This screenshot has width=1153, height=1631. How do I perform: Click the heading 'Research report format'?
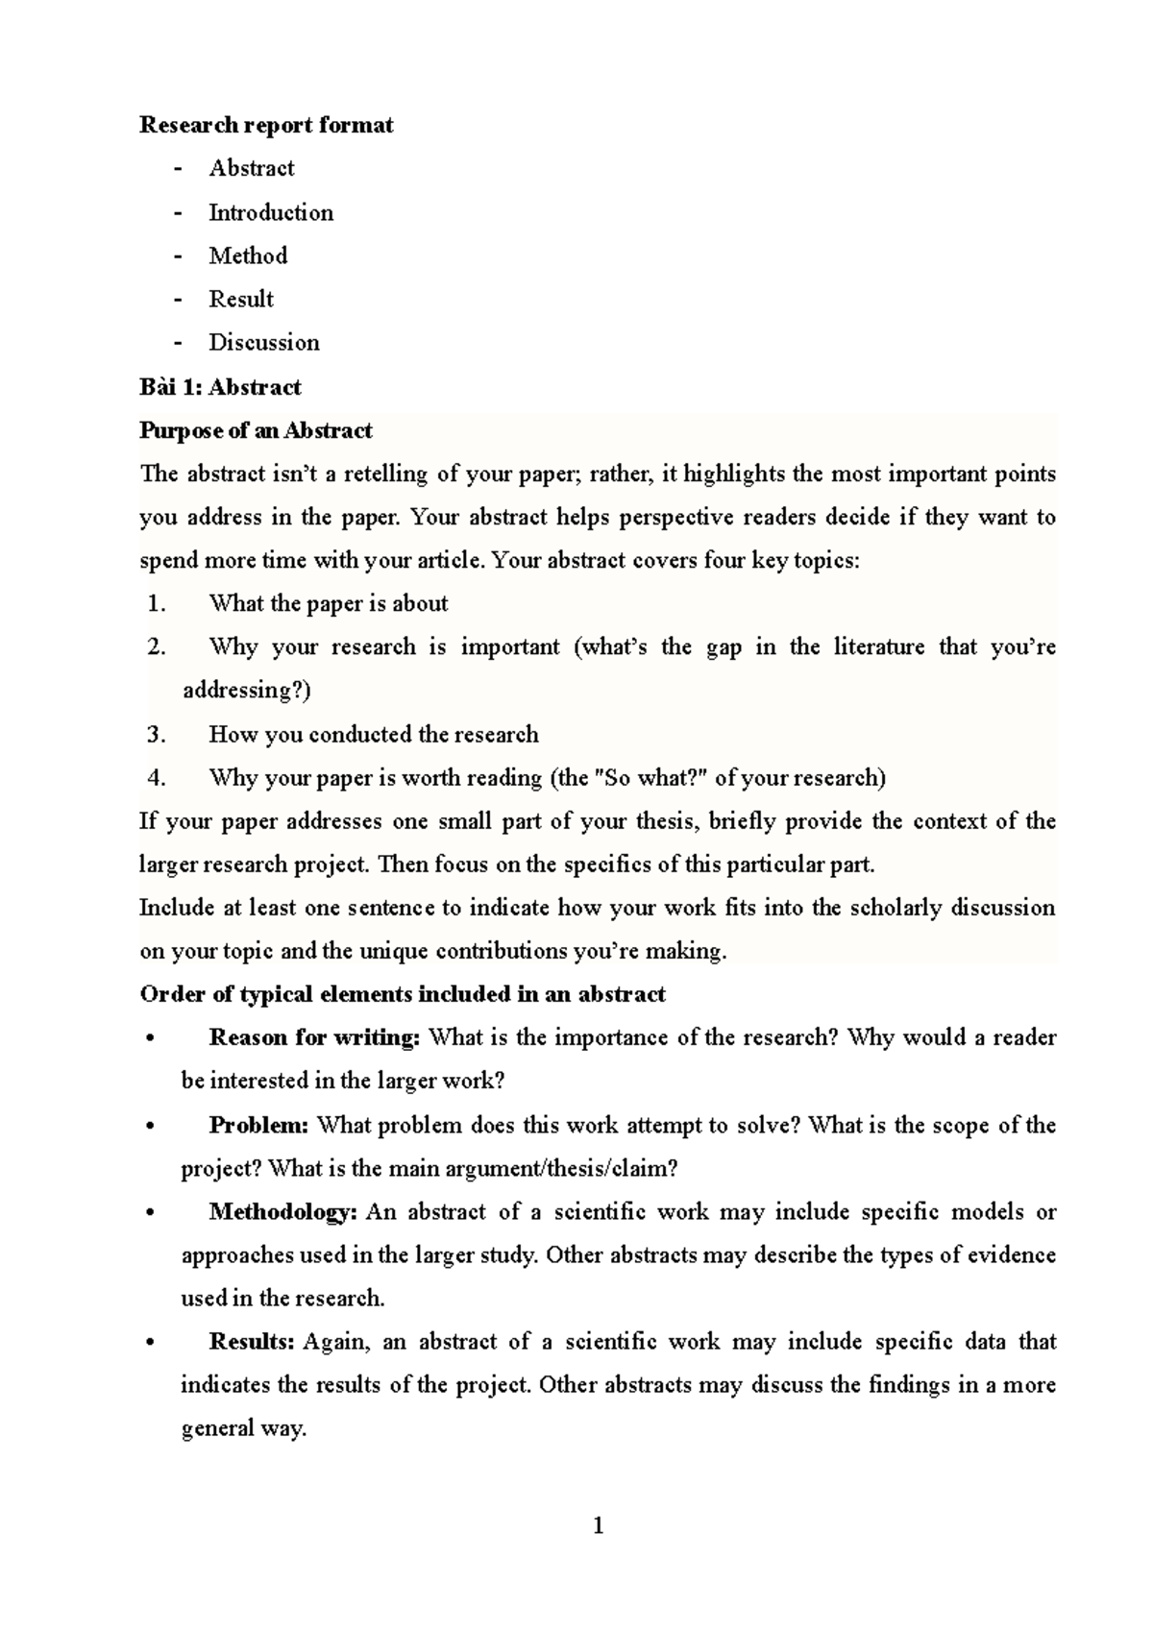click(266, 125)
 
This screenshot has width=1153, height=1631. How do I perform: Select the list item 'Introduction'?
click(271, 212)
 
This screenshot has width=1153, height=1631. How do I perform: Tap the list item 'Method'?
click(248, 256)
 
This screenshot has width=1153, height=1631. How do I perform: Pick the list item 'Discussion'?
click(264, 343)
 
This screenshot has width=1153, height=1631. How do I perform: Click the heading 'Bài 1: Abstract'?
click(220, 387)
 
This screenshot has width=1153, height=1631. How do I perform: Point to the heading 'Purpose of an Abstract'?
click(256, 430)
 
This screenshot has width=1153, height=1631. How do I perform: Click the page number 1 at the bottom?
click(599, 1525)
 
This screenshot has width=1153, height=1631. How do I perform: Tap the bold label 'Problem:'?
click(258, 1125)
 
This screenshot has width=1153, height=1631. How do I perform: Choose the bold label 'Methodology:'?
click(282, 1212)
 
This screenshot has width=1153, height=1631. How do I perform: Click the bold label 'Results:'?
click(251, 1342)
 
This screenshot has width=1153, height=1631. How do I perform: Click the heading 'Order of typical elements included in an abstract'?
click(403, 994)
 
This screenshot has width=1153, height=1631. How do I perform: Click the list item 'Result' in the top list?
click(241, 300)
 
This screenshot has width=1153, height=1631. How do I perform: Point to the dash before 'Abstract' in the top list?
click(178, 169)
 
